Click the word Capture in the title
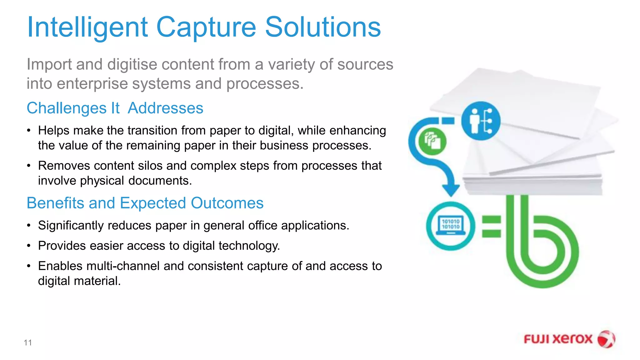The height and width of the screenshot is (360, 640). (206, 27)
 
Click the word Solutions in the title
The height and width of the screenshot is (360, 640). (323, 27)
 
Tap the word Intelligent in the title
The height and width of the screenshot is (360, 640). (87, 27)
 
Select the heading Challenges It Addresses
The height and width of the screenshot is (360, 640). (115, 108)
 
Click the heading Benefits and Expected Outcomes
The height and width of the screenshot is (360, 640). (145, 203)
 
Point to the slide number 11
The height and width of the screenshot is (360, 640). (28, 342)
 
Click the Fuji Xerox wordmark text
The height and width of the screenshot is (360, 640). (558, 339)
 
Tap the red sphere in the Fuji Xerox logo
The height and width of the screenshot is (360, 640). (606, 339)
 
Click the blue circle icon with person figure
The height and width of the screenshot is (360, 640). (481, 121)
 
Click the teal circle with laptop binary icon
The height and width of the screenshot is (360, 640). (451, 226)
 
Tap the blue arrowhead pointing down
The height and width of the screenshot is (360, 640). (451, 189)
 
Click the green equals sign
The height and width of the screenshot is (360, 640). (491, 227)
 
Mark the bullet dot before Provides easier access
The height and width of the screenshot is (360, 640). (29, 246)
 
